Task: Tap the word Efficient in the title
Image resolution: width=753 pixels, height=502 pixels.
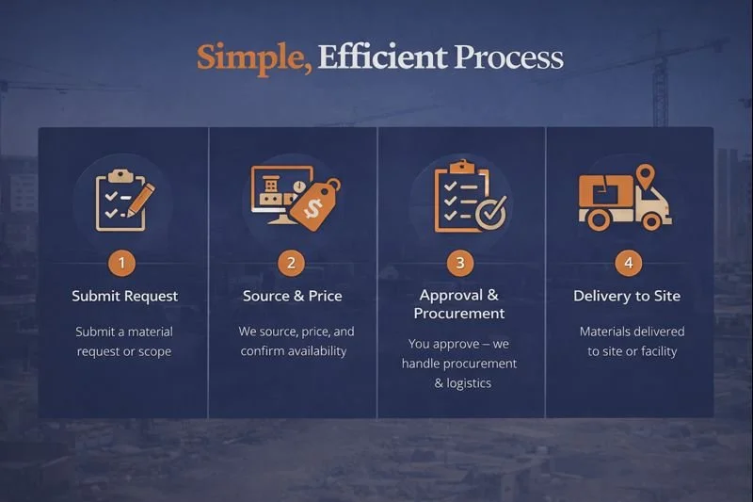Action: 382,57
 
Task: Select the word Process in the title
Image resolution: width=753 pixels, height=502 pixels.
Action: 508,58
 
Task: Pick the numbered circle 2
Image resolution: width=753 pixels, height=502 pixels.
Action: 292,263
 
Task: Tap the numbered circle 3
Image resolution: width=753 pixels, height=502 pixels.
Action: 460,263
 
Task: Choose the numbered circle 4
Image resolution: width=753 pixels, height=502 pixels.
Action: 628,263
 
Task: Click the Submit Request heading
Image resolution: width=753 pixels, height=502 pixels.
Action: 124,296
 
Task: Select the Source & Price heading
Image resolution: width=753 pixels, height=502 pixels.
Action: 292,296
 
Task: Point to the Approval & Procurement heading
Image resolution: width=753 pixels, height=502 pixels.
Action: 460,304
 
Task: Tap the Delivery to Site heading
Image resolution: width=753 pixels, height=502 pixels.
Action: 627,296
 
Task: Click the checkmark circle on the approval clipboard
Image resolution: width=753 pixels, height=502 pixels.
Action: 489,212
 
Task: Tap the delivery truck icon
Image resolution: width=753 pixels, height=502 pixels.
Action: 622,203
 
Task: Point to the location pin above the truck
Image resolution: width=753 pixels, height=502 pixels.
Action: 645,175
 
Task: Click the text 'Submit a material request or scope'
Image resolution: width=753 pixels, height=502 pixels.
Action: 124,342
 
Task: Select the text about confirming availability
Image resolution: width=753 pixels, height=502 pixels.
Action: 293,342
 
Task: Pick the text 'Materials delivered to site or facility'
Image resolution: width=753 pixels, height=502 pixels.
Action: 632,342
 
